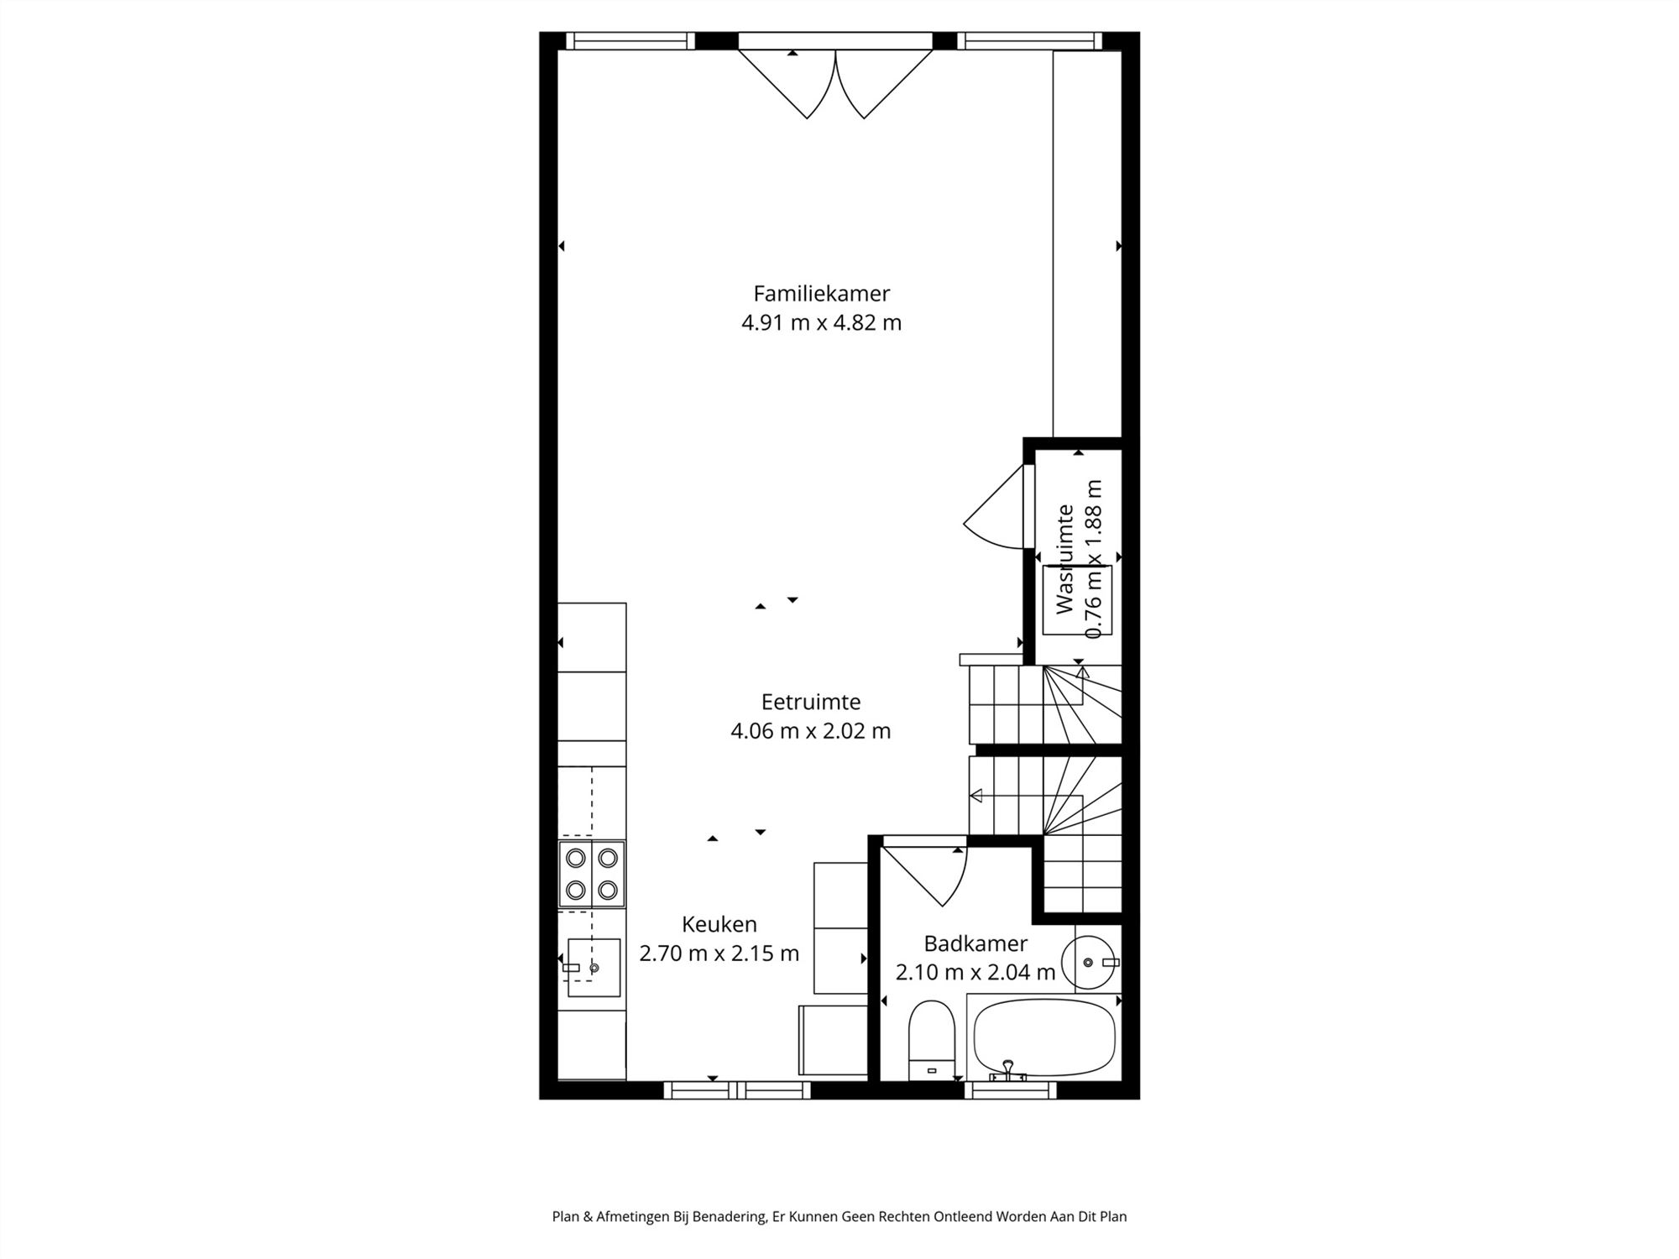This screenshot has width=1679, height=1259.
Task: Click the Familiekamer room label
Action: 821,294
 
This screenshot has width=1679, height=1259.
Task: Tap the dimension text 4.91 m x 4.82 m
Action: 821,323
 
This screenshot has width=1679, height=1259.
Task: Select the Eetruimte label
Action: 811,702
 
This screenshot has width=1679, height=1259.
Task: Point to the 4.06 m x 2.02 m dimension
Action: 811,731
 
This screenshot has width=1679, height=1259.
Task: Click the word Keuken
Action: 719,924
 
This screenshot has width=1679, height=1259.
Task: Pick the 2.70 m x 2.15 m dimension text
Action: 719,953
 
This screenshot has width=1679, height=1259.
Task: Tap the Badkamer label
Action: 975,943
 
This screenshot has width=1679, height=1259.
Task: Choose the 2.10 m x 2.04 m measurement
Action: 975,973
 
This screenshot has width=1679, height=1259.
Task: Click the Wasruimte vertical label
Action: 1065,559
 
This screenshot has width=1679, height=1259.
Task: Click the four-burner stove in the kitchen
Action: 592,873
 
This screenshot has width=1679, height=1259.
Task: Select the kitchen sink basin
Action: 594,968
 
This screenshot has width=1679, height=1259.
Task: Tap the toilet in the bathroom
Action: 931,1039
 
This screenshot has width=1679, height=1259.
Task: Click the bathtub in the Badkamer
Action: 1044,1037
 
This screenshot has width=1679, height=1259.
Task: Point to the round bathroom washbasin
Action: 1090,963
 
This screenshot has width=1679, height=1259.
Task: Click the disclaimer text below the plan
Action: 839,1216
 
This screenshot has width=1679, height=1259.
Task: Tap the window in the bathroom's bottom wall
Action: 1010,1090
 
